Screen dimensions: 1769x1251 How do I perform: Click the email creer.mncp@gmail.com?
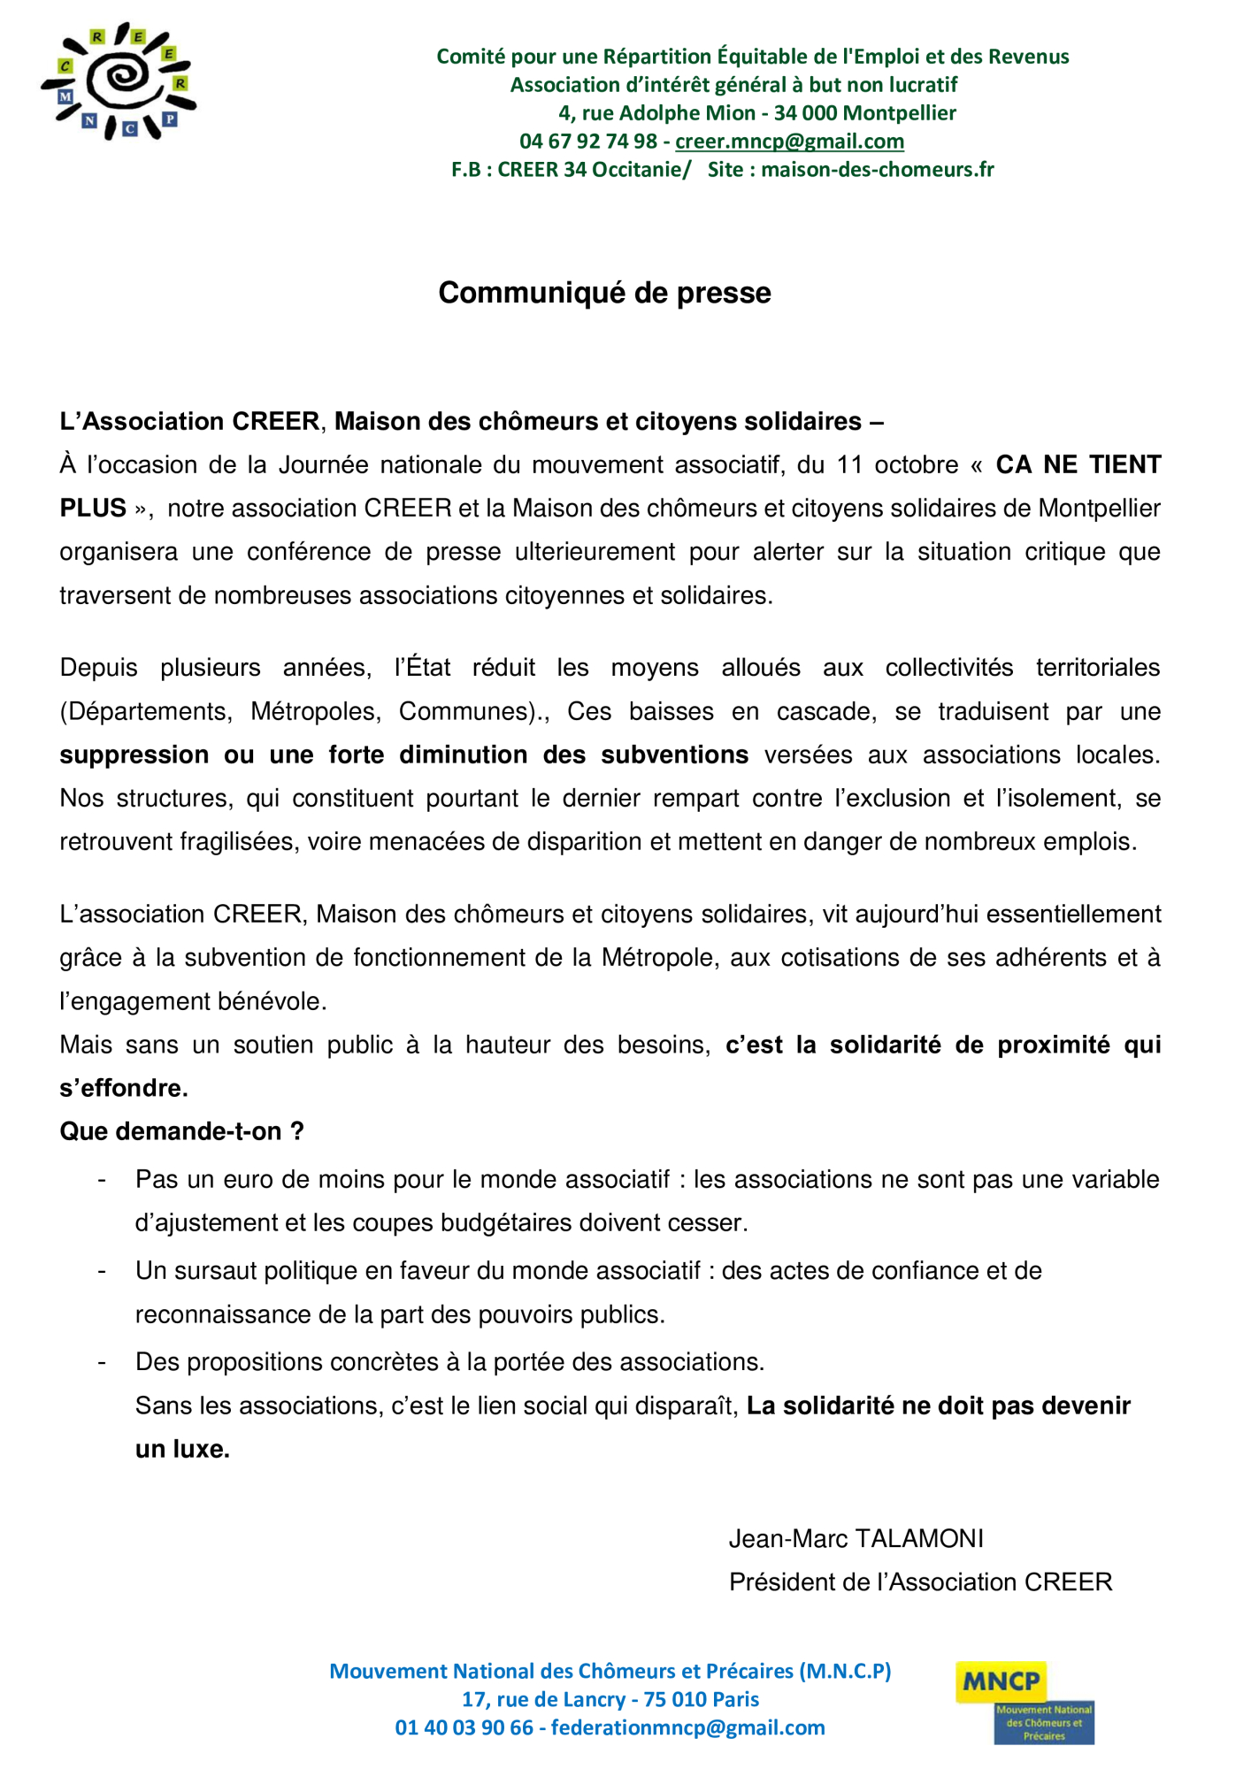[789, 142]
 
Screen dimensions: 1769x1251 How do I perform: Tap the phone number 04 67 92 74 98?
[588, 142]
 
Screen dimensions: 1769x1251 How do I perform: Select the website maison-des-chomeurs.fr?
[878, 170]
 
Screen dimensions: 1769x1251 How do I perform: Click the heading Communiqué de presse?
[604, 293]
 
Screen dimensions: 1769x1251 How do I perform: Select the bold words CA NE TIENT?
[1078, 465]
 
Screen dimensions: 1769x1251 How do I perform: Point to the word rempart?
[698, 799]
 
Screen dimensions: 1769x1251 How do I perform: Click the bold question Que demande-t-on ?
[181, 1132]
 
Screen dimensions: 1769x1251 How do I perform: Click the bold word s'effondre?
[124, 1089]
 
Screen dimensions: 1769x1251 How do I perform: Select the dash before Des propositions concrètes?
[103, 1363]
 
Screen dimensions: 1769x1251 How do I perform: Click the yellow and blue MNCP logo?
[1024, 1703]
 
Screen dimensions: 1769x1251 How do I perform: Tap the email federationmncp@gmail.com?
[687, 1727]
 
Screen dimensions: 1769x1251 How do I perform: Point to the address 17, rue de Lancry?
[544, 1699]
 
